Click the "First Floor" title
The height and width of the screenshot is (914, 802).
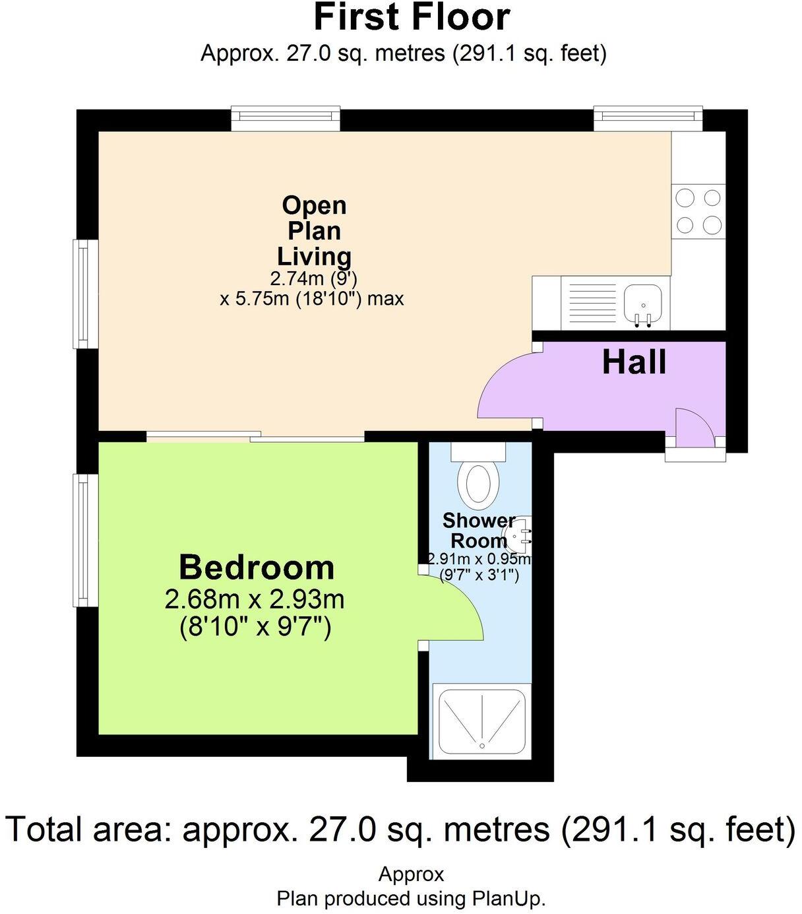(x=412, y=18)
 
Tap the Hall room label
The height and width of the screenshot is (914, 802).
(x=634, y=362)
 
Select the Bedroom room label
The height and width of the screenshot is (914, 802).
(x=257, y=568)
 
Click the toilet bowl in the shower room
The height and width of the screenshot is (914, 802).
(x=478, y=484)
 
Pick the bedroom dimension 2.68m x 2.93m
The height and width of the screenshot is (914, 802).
(x=255, y=600)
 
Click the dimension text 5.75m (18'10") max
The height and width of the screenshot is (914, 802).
(x=311, y=299)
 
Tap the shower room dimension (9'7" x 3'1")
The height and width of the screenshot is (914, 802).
(x=479, y=575)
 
